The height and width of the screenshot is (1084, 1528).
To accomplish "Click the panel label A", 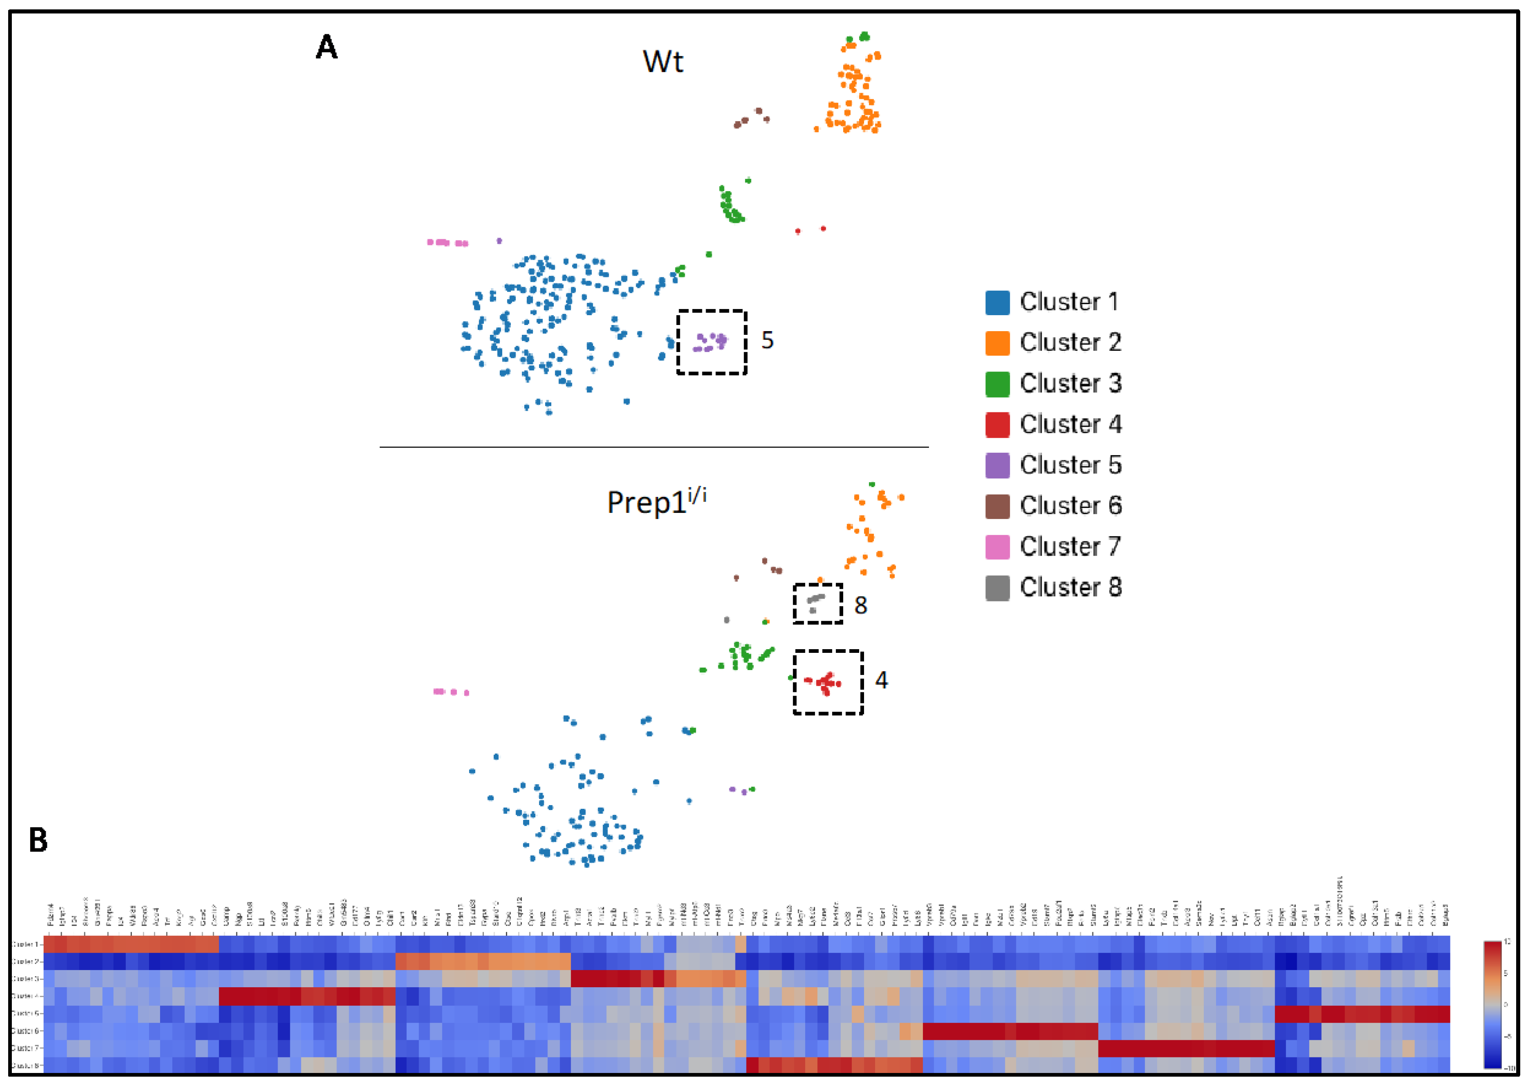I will click(x=326, y=47).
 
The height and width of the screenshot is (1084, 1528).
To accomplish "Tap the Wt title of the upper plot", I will click(x=662, y=61).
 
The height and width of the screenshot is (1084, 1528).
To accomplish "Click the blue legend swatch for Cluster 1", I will click(x=997, y=303).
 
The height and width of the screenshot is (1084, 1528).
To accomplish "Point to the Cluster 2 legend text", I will click(x=1070, y=343).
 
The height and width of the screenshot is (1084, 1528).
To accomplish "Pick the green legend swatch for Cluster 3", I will click(x=997, y=384).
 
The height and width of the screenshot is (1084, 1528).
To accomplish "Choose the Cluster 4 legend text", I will click(x=1070, y=425).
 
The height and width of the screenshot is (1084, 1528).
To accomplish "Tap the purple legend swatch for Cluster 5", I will click(x=997, y=465).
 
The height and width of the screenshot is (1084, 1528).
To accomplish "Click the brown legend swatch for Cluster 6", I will click(x=997, y=506).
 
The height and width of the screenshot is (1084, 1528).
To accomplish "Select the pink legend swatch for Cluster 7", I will click(x=997, y=547).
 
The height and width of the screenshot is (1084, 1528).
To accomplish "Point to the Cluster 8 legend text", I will click(x=1070, y=588).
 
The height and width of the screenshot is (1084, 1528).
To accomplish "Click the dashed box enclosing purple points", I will click(x=712, y=342).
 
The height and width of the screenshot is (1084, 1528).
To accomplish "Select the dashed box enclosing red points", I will click(x=828, y=682).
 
